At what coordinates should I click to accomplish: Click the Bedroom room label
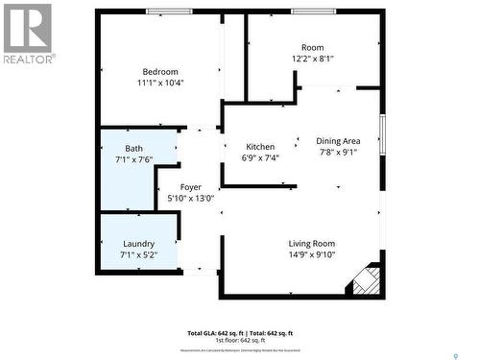click(160, 72)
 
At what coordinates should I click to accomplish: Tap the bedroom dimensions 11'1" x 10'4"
click(160, 84)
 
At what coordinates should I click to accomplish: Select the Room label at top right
click(313, 47)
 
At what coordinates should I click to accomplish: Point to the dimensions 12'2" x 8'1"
click(313, 59)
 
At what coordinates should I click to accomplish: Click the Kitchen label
click(260, 147)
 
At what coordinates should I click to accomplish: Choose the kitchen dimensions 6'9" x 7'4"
click(260, 158)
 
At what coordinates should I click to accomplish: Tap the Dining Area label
click(339, 141)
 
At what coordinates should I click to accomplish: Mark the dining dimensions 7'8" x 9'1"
click(339, 153)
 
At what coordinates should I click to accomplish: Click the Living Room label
click(312, 244)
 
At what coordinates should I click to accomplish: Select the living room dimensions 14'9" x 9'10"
click(312, 255)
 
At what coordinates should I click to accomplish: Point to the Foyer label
click(191, 188)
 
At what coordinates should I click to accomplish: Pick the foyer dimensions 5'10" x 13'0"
click(191, 200)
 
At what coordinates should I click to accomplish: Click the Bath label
click(134, 148)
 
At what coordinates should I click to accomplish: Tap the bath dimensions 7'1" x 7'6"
click(135, 159)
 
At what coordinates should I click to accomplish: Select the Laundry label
click(138, 245)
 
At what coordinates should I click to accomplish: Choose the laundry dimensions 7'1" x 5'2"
click(138, 256)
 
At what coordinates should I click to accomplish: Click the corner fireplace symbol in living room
click(366, 282)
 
